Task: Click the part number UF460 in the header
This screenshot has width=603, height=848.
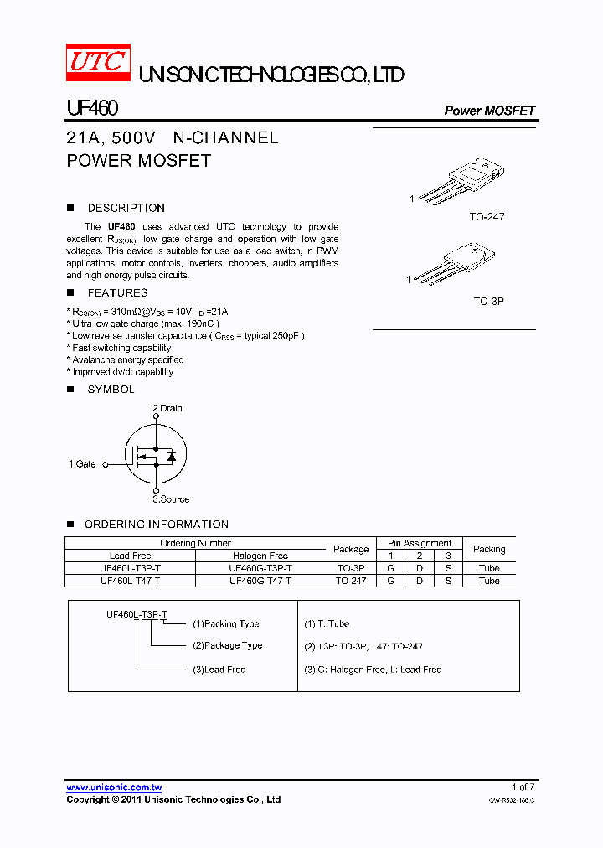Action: pos(92,109)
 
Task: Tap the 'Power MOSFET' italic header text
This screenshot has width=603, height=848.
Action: pos(489,111)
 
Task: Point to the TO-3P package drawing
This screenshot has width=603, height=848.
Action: pos(460,263)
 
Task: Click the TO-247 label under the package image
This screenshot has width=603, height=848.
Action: pos(487,217)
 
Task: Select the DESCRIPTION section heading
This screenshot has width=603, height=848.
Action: pos(126,208)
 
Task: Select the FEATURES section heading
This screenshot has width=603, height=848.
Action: pos(117,292)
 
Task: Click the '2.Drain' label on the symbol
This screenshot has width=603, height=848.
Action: pos(167,408)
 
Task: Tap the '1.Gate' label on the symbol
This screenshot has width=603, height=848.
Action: pos(82,463)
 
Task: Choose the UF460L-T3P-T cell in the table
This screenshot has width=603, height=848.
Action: pos(130,567)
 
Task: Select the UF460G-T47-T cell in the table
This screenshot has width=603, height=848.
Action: pos(260,580)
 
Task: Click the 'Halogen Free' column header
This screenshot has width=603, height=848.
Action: pos(260,556)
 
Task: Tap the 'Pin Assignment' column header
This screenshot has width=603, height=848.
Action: pos(419,543)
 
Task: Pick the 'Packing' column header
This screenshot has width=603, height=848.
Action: pos(488,549)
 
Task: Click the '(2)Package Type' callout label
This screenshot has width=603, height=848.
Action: pos(227,645)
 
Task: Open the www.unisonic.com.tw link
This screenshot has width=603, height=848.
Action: pos(114,787)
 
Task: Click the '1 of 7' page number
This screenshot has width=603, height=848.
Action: pos(523,787)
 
